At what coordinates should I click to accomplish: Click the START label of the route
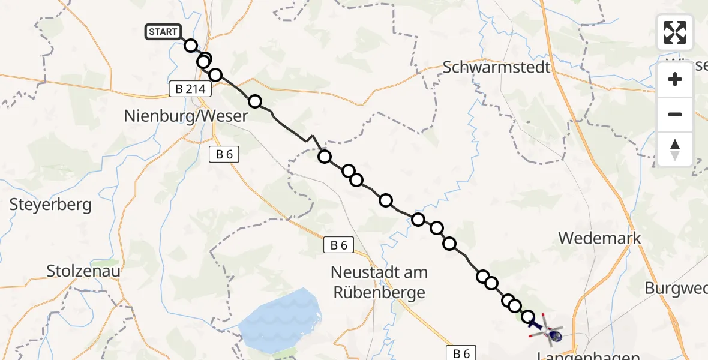pos(162,32)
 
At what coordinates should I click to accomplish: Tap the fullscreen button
pos(675,32)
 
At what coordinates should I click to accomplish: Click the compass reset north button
pos(675,149)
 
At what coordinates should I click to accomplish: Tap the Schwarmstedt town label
pos(496,67)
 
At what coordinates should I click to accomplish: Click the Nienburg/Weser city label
pos(186,116)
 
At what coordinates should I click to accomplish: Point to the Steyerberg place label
pos(50,205)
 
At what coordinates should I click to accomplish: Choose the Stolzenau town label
pos(83,271)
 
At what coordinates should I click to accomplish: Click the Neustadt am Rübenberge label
pos(379,282)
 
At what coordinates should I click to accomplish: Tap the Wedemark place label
pos(599,238)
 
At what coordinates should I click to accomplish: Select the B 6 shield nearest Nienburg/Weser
pos(224,154)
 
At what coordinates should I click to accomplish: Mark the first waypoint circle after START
pos(191,46)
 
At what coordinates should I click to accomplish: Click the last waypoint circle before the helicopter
pos(528,317)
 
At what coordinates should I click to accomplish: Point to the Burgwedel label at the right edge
pos(676,288)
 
